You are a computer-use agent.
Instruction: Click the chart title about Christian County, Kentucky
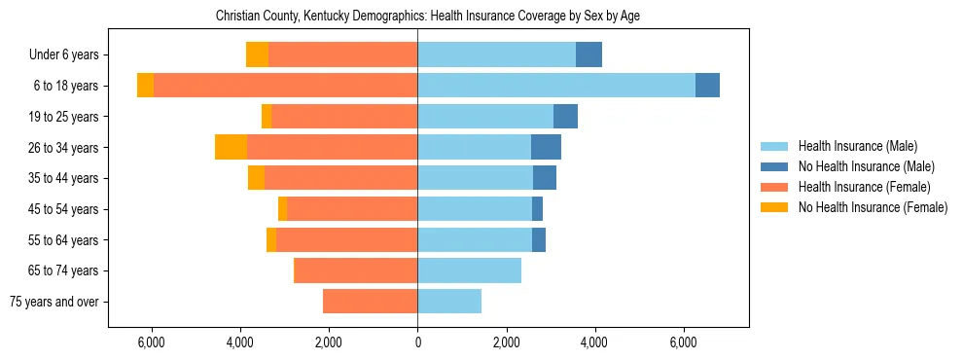(427, 17)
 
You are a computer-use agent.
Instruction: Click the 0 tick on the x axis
(417, 342)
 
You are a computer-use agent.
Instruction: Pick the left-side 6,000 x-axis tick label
(152, 342)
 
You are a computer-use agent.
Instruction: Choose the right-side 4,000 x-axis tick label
(594, 342)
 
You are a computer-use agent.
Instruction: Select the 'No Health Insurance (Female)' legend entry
(873, 207)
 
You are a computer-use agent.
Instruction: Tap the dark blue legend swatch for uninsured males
(774, 166)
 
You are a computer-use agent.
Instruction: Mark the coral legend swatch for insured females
(774, 187)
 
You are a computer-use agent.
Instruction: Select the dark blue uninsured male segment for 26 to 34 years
(546, 147)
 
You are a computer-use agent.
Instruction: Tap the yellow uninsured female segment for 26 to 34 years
(231, 147)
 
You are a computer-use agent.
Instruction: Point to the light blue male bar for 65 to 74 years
(469, 270)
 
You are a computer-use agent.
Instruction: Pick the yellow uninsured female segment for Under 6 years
(257, 54)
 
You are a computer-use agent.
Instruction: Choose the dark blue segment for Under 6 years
(588, 54)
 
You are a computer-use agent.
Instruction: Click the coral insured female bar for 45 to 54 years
(352, 209)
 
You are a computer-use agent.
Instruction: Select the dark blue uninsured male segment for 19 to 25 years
(565, 117)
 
